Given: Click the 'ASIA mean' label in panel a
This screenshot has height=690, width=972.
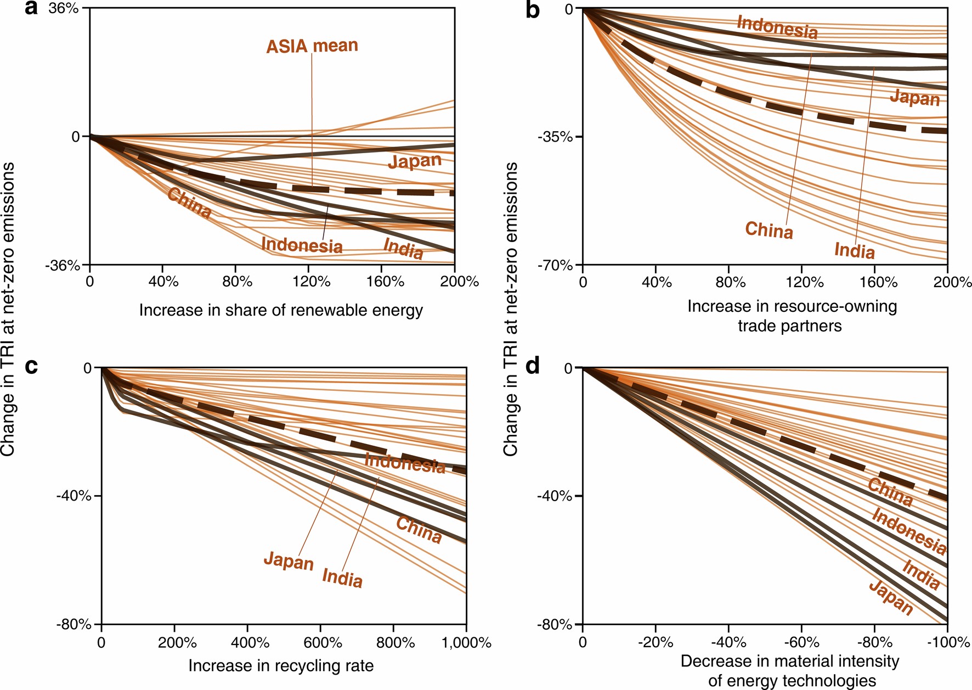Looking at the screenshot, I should pos(312,46).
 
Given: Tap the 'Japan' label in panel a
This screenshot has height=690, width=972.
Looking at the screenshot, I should pos(415,161).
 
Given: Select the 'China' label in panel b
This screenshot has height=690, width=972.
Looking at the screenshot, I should pos(769,230).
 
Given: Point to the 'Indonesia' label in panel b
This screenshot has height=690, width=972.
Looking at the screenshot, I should pos(777,27).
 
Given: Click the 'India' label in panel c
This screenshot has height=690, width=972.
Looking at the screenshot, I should pos(342,578).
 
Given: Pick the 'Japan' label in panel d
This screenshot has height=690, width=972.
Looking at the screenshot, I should pos(891,597).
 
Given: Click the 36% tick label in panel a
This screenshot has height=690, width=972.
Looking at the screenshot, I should pos(64,9).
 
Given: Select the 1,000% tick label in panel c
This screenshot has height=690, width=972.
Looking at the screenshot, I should pos(466,643).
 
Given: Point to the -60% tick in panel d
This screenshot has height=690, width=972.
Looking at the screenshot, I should pos(801,642).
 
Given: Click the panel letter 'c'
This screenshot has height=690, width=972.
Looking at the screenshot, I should pos(32,366).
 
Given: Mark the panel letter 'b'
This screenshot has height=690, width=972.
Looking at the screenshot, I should pos(532,10).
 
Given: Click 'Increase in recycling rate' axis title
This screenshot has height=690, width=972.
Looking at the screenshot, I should pos(281,666).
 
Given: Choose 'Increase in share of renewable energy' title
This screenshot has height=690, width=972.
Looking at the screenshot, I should pos(281,310).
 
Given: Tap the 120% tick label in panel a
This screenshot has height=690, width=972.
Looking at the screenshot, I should pos(311,282).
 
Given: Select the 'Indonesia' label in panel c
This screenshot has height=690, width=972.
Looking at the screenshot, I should pos(405,463).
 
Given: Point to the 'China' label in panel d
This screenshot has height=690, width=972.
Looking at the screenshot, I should pos(890,492).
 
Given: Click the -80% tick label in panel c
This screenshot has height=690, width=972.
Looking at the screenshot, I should pos(74,625).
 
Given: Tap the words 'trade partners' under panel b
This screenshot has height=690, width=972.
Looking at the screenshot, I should pos(789,326).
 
